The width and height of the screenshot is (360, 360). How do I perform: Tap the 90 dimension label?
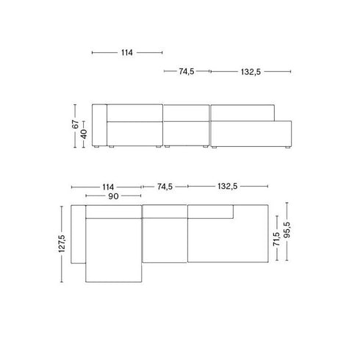(x=113, y=197)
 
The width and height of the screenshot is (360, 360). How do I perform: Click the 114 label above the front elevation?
(x=126, y=53)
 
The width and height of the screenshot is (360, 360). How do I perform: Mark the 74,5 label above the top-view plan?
(x=164, y=187)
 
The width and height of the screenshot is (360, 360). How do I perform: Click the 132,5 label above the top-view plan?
(x=226, y=187)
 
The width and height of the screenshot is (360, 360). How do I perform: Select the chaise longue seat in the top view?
(x=113, y=250)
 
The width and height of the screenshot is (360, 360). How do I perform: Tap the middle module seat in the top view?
(x=165, y=240)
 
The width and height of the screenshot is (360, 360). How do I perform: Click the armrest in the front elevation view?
(x=98, y=126)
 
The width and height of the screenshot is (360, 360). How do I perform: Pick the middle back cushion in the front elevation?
(x=186, y=112)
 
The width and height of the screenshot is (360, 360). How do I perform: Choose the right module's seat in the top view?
(x=228, y=241)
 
